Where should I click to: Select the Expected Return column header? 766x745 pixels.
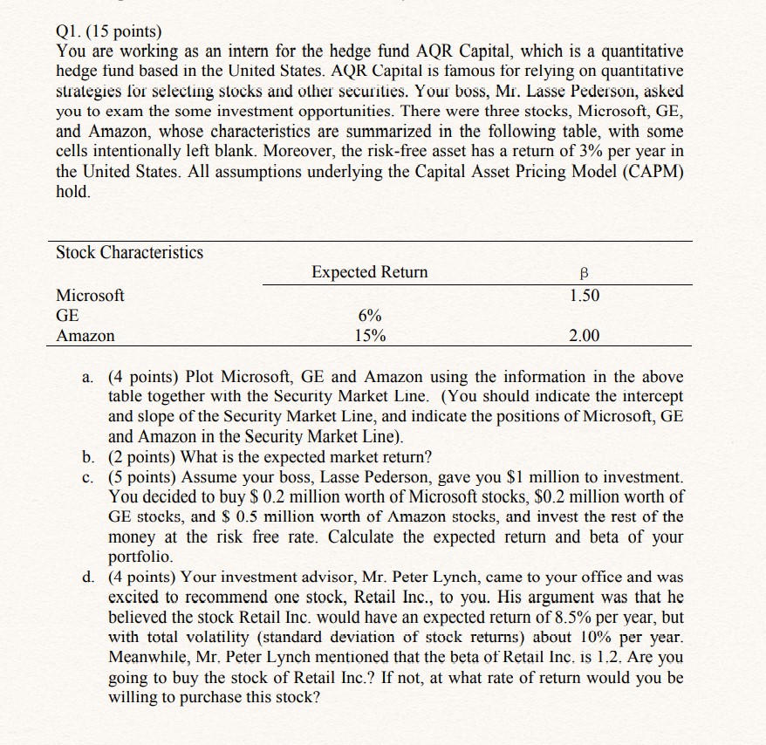[369, 272]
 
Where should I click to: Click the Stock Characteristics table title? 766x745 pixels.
[129, 253]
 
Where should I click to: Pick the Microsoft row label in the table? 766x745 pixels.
[90, 296]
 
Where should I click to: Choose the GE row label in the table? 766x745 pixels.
[67, 316]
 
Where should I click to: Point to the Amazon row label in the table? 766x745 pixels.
[85, 336]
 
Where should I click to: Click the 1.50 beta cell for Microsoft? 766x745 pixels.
[585, 296]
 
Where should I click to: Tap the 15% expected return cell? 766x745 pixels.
[370, 336]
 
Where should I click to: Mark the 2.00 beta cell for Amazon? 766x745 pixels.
[585, 336]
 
